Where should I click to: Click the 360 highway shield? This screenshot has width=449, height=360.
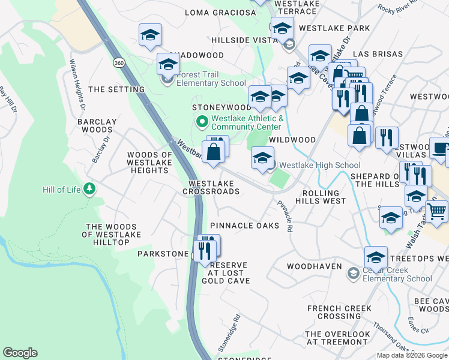(x=119, y=63)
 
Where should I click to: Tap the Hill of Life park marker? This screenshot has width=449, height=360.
(x=89, y=190)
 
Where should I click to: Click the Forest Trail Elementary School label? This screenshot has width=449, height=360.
(x=211, y=83)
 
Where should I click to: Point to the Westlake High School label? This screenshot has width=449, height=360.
(x=320, y=165)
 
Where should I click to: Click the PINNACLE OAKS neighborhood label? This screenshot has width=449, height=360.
(x=244, y=226)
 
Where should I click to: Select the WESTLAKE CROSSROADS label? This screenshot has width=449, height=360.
(x=214, y=187)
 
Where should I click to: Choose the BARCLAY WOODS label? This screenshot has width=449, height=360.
(x=97, y=125)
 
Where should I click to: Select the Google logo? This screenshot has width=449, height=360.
(x=20, y=353)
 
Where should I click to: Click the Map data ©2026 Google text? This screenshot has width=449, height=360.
(x=412, y=355)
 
